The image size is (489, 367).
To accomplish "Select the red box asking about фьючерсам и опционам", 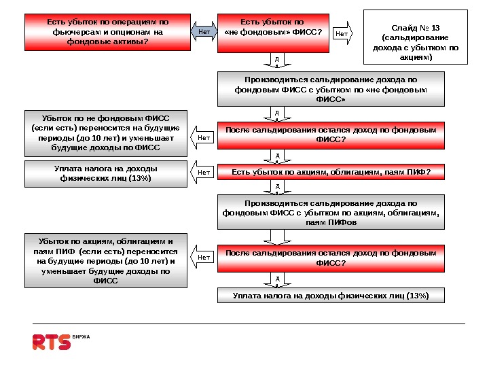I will (107, 32).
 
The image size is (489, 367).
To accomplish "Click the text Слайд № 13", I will (416, 28).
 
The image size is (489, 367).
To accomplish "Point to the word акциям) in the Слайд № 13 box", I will (416, 58).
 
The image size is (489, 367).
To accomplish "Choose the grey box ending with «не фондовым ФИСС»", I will (331, 89).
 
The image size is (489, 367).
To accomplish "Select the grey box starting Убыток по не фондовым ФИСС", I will (106, 133).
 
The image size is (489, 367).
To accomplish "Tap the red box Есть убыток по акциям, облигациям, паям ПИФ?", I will (331, 173).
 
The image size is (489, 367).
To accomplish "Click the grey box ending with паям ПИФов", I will (331, 212).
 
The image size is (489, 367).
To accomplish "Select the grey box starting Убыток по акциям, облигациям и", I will (106, 260).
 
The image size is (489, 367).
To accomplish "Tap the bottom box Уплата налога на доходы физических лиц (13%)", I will (331, 296).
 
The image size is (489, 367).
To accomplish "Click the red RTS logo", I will (52, 342).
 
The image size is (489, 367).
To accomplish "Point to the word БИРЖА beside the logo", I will (81, 337).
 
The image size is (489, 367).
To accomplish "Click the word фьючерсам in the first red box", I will (74, 32).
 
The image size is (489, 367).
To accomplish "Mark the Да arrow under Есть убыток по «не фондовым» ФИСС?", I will (277, 62).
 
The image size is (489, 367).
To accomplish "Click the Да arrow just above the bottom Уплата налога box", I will (277, 280).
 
